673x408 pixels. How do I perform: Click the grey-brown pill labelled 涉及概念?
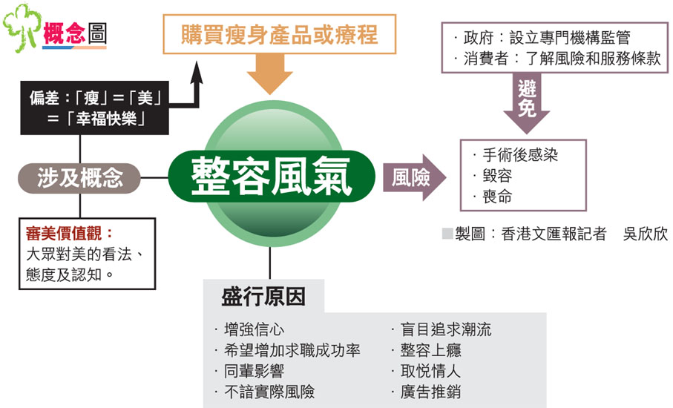click(79, 178)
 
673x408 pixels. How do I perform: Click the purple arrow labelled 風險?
click(415, 178)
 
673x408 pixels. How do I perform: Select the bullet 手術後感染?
click(519, 155)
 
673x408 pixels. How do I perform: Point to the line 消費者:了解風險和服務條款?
click(560, 59)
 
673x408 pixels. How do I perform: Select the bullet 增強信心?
click(253, 329)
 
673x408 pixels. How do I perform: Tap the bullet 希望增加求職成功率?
click(290, 350)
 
